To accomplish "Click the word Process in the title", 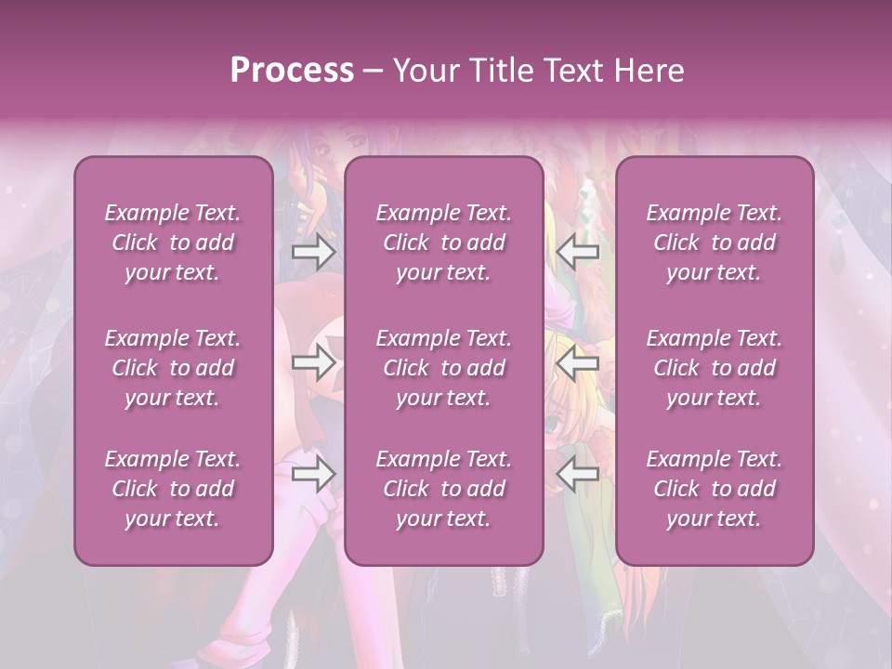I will [x=292, y=71].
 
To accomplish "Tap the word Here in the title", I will [x=648, y=71].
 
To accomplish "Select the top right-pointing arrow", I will [x=313, y=251].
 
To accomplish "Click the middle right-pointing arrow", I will [x=313, y=362].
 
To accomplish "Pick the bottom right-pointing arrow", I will [x=313, y=474].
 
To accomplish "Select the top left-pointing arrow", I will [x=578, y=251].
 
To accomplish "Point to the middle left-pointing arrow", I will [x=578, y=362].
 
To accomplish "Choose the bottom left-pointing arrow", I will [x=578, y=474].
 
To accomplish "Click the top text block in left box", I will [x=173, y=243].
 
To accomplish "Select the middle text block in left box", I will [x=173, y=368].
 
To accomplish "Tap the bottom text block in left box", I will [x=173, y=489].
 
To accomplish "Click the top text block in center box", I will [x=443, y=243].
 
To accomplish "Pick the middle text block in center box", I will [x=443, y=368].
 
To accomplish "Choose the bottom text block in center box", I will [x=443, y=489].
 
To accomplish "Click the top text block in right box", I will [x=714, y=243].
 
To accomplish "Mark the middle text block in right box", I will [x=714, y=368].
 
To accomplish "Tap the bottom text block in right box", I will [x=714, y=489].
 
